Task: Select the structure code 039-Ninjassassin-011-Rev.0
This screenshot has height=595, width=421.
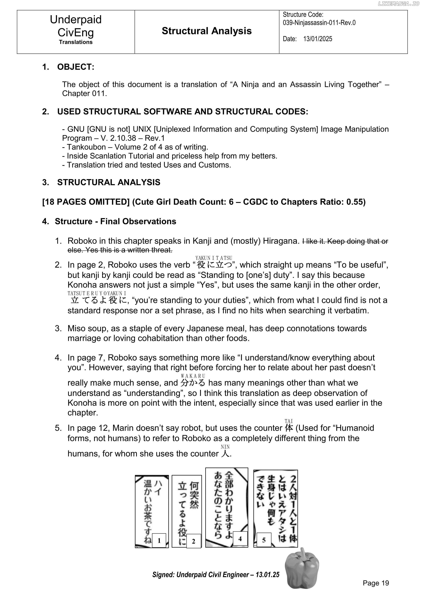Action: (x=319, y=23)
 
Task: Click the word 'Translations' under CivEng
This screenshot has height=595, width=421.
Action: (x=76, y=42)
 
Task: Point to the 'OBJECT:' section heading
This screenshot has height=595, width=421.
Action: (x=76, y=67)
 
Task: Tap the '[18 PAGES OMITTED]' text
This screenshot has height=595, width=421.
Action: (x=86, y=202)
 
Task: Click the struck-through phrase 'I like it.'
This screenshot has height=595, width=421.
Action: (x=314, y=241)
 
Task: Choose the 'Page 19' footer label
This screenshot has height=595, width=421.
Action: (x=376, y=583)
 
